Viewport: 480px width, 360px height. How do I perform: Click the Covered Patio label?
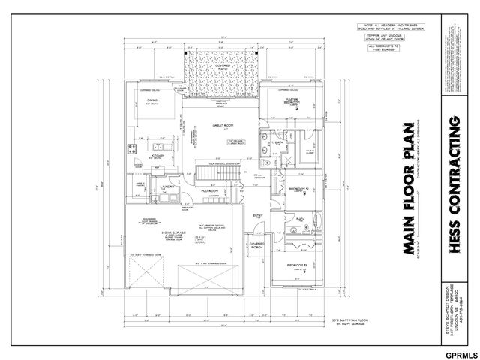[x=223, y=66]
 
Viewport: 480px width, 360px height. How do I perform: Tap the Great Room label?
[x=223, y=126]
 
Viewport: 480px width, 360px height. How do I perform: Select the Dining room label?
[x=151, y=100]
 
